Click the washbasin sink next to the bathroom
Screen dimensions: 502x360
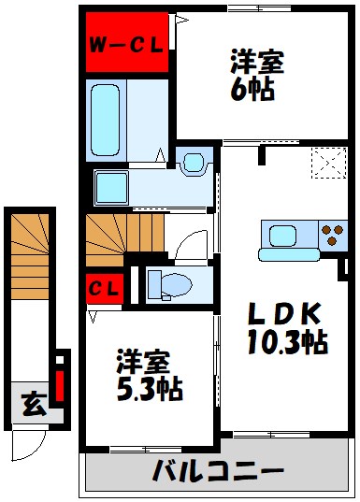[x=194, y=164]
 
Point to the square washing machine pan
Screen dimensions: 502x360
[x=112, y=186]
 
